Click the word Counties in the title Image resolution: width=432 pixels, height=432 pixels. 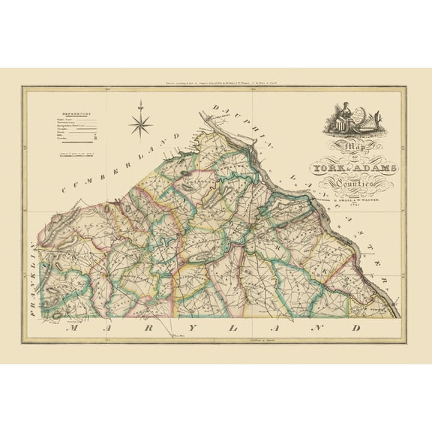point(353,184)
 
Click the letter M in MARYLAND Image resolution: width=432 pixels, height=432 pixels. point(69,328)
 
